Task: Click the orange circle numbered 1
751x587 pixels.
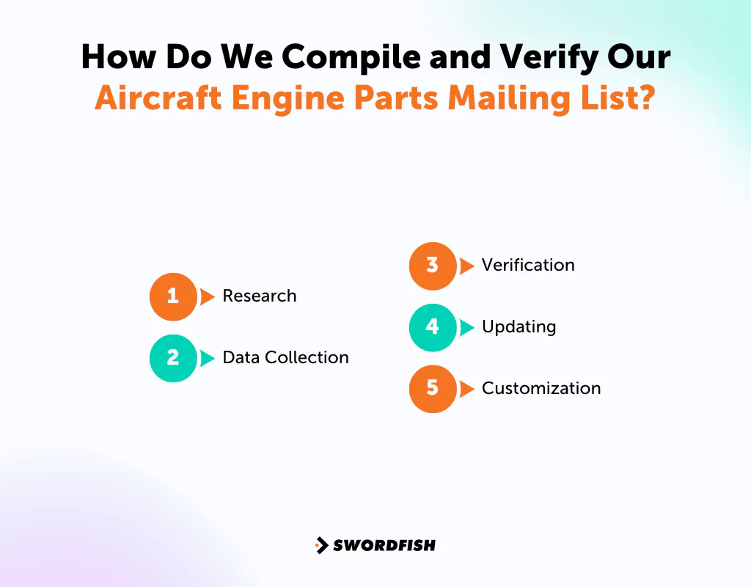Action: (x=173, y=296)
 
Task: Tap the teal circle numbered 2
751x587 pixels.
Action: (x=173, y=358)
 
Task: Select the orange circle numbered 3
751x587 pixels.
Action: (x=433, y=266)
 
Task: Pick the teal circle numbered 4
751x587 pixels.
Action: (x=433, y=327)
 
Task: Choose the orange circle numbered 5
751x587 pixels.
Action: (x=433, y=389)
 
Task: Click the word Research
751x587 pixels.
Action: (x=260, y=296)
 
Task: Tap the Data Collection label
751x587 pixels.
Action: (x=285, y=358)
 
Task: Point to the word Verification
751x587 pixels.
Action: (x=528, y=266)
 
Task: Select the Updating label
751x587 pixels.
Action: (x=519, y=327)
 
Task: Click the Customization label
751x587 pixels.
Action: (x=541, y=389)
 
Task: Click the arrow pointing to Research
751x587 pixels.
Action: (x=208, y=296)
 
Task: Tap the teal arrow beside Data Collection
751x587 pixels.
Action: (x=208, y=358)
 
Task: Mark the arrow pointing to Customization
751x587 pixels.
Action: (x=466, y=389)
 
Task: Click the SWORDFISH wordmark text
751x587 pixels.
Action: (x=384, y=545)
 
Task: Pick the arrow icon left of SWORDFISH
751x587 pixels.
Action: (x=321, y=545)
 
